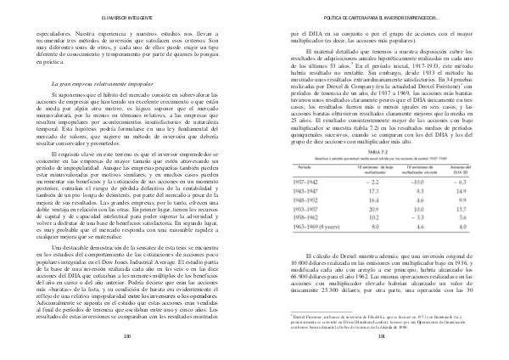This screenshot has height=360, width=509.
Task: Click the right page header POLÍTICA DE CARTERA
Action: point(372,16)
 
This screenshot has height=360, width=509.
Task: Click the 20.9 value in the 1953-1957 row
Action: point(366,210)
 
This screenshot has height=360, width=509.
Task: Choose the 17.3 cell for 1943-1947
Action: point(366,190)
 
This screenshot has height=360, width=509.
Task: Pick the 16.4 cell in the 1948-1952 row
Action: point(366,200)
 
